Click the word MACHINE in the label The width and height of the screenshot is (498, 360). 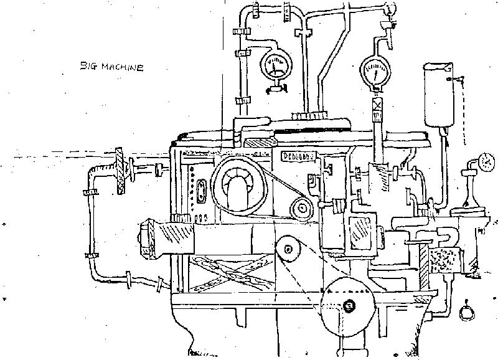pos(122,67)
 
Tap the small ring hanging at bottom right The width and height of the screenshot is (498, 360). pos(466,311)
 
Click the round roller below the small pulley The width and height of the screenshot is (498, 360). pos(288,249)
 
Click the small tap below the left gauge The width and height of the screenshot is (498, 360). pos(274,89)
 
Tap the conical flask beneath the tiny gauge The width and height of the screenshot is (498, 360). pos(471,197)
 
